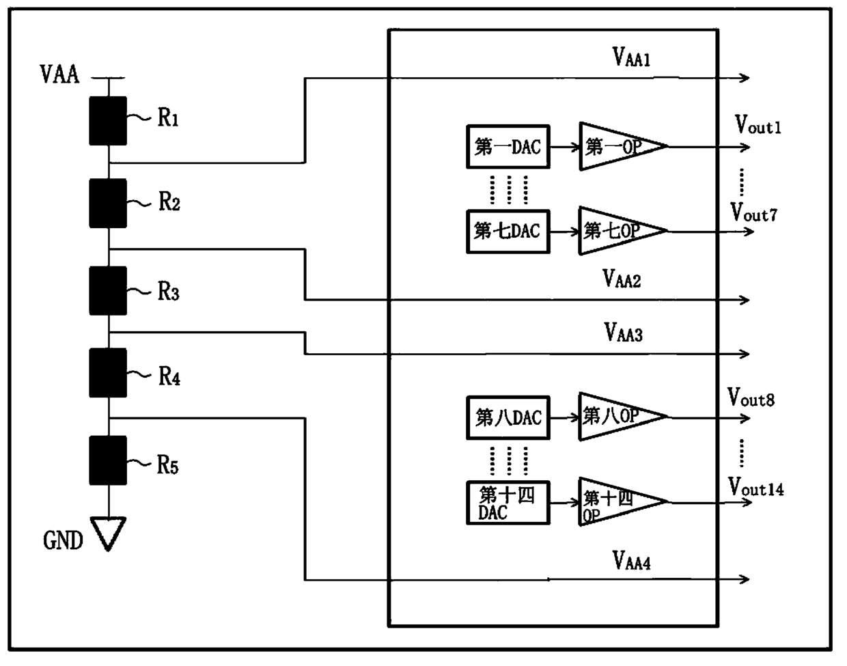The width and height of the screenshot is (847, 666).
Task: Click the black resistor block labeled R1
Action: point(108,121)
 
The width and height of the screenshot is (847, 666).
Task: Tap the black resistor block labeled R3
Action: point(108,290)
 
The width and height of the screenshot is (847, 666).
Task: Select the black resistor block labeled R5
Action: point(108,460)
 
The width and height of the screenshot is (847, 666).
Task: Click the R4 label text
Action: point(169,376)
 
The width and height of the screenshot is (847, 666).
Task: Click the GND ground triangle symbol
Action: point(108,533)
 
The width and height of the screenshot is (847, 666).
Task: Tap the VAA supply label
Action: point(59,74)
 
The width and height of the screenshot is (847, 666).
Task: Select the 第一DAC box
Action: point(508,147)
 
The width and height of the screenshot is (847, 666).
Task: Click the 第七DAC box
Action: point(508,232)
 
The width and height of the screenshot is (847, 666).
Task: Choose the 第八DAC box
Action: point(508,417)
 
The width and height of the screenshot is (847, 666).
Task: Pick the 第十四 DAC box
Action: point(508,503)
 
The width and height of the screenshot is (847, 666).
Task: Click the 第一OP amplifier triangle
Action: point(624,146)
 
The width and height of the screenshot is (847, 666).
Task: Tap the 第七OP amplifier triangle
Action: point(624,231)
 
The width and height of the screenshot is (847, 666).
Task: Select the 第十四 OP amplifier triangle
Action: point(624,501)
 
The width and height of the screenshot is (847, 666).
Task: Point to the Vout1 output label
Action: point(758,125)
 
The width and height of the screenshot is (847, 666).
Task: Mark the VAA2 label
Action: point(622,279)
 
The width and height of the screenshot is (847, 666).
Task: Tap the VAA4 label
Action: point(631,561)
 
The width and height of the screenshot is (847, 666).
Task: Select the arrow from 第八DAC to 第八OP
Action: point(565,417)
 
